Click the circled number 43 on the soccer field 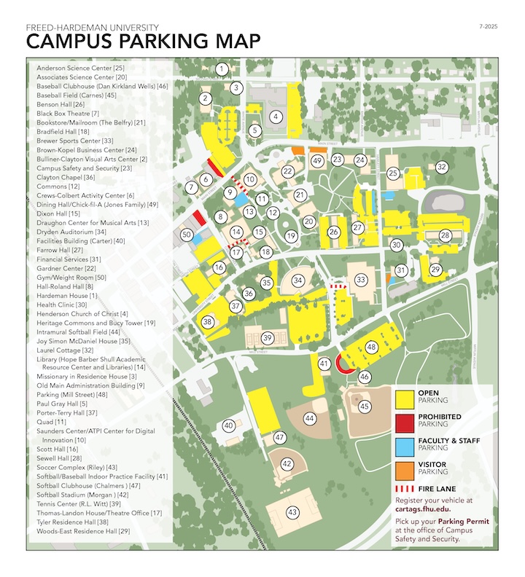[293, 511]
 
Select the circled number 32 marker [441, 167]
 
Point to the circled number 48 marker [371, 348]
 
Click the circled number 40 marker [228, 425]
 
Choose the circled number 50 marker [187, 235]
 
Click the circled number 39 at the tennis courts [268, 337]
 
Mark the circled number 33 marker [360, 279]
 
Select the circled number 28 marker [445, 235]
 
